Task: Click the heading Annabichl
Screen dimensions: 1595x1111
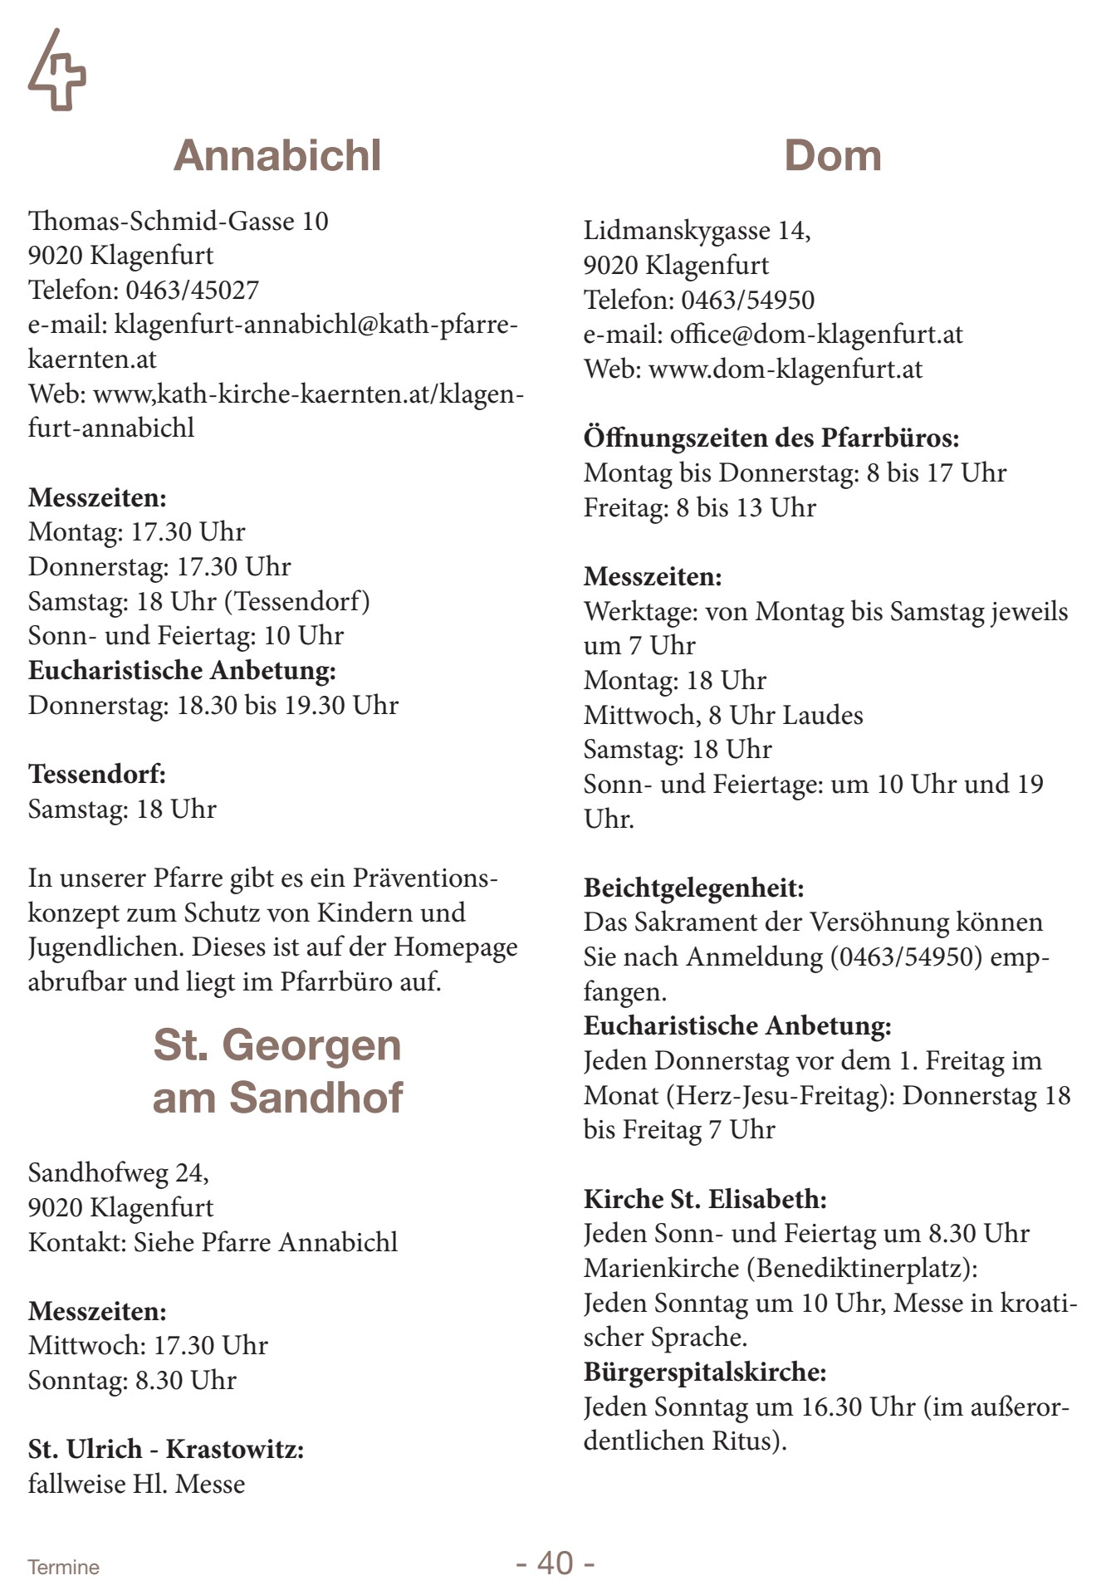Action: point(277,156)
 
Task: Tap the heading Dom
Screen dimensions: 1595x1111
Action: point(832,156)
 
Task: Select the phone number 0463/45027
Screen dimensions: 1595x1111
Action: point(192,290)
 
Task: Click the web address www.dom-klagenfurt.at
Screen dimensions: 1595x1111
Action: point(785,369)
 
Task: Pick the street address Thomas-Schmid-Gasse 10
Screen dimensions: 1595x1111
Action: point(178,221)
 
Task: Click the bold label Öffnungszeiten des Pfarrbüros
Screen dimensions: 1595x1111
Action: point(771,438)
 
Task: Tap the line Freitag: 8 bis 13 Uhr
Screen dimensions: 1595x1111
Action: point(699,507)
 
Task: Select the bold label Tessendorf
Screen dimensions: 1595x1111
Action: point(97,774)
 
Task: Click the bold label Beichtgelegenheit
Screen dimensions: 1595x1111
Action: point(693,888)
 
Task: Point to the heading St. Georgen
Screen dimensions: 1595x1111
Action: point(277,1045)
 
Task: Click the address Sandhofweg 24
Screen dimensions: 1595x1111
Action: point(118,1172)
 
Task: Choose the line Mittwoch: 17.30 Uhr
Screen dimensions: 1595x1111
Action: point(148,1345)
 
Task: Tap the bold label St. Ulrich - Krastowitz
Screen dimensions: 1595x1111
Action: point(166,1450)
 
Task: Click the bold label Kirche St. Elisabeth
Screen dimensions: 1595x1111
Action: point(705,1199)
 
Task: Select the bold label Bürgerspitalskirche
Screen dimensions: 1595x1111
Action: point(705,1372)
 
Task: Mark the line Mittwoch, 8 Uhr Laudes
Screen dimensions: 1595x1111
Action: point(722,715)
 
